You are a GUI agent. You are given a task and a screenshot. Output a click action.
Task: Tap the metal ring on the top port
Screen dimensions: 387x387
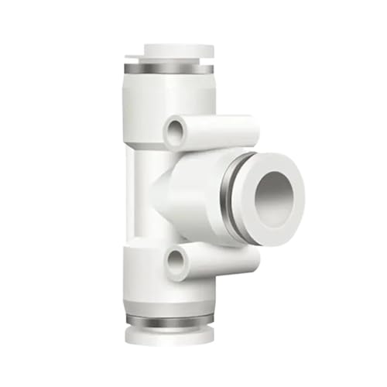169,69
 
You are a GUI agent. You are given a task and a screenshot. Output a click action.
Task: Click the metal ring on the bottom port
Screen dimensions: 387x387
169,320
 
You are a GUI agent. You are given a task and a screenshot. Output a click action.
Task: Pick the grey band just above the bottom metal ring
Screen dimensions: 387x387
169,310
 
